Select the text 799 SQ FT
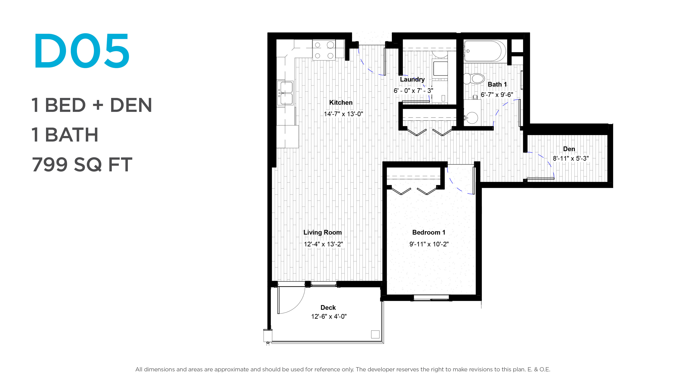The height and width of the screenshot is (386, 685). (x=82, y=164)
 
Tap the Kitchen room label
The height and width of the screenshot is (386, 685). (x=341, y=103)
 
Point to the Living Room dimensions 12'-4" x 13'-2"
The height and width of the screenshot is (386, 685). (x=323, y=244)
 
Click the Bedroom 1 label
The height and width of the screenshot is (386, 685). (x=429, y=232)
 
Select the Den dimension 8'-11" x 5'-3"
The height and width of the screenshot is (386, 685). (x=571, y=158)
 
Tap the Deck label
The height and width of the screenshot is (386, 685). (x=328, y=308)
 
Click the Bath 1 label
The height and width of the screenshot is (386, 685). (x=497, y=85)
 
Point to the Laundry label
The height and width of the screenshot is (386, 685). (x=412, y=79)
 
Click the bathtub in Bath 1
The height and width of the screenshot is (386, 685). (x=484, y=51)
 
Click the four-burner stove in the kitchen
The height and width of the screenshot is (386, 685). (x=324, y=50)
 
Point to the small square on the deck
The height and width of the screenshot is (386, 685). (x=375, y=334)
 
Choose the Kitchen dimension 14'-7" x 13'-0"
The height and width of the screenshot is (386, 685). (x=343, y=114)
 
